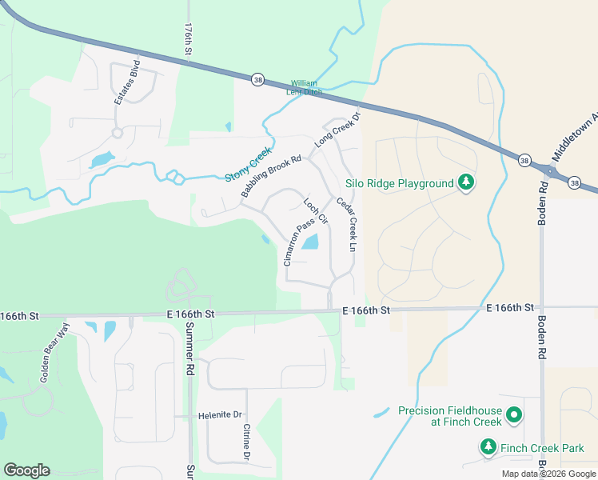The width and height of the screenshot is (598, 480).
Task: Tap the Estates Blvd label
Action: pyautogui.click(x=127, y=83)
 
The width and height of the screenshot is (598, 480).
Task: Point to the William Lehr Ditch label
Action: pyautogui.click(x=305, y=87)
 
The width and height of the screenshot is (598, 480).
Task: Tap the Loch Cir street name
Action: pyautogui.click(x=317, y=209)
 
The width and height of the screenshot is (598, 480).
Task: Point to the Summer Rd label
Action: pyautogui.click(x=190, y=349)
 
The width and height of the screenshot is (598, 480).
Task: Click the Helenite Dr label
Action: pyautogui.click(x=220, y=415)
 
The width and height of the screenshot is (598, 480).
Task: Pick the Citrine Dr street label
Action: pyautogui.click(x=247, y=442)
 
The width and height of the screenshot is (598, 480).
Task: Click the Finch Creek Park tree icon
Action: pyautogui.click(x=488, y=447)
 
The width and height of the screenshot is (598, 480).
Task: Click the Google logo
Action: pyautogui.click(x=26, y=470)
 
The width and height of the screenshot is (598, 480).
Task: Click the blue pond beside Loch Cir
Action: pyautogui.click(x=310, y=242)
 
